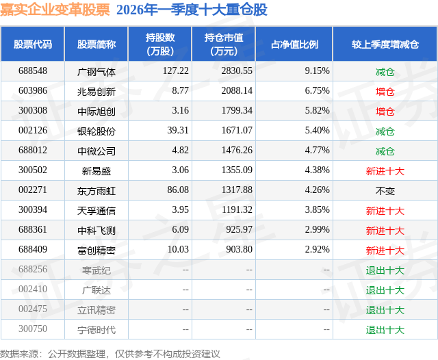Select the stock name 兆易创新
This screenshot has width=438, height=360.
[x=96, y=90]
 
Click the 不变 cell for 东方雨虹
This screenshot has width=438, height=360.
[x=385, y=191]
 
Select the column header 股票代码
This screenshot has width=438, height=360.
[x=32, y=44]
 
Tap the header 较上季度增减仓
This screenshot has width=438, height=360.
[x=385, y=44]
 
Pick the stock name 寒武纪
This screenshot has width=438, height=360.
[x=96, y=270]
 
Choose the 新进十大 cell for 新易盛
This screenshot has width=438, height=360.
[x=385, y=170]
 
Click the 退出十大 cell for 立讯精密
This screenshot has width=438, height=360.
[x=385, y=310]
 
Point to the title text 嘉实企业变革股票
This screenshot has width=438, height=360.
[x=55, y=10]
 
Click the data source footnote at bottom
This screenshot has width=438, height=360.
[x=110, y=353]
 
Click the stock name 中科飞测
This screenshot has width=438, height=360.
[x=96, y=231]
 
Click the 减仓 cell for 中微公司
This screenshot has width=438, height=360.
[x=385, y=151]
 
